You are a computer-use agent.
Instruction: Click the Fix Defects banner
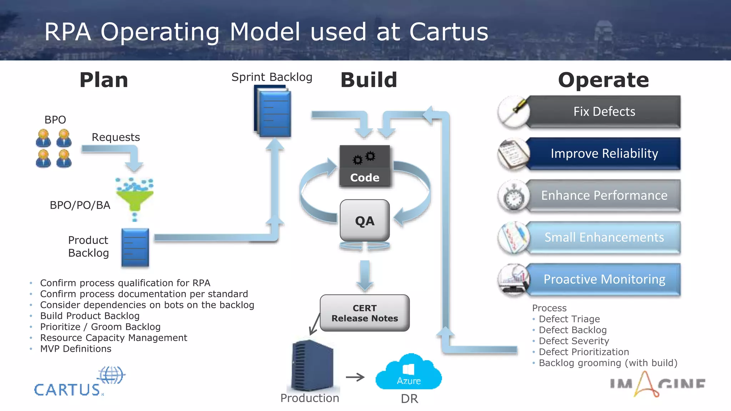click(x=604, y=111)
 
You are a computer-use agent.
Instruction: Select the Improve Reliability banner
click(x=604, y=153)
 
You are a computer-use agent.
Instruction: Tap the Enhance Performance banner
click(x=604, y=196)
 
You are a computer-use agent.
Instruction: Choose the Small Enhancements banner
click(x=604, y=237)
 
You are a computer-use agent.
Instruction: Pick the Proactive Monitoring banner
click(x=604, y=279)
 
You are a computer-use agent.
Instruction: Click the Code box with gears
click(x=364, y=166)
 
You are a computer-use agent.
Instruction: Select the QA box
click(x=364, y=221)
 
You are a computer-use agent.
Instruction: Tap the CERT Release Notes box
click(x=364, y=313)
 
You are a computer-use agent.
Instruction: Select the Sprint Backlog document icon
click(x=273, y=113)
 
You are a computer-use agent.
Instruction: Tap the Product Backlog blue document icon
click(x=135, y=248)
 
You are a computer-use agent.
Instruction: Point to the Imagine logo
click(x=657, y=385)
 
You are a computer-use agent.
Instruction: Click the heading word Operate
click(x=603, y=80)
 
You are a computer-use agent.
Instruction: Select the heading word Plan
click(x=104, y=80)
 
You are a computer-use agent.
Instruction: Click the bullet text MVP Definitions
click(x=76, y=349)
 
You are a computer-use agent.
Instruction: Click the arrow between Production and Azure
click(x=355, y=377)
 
